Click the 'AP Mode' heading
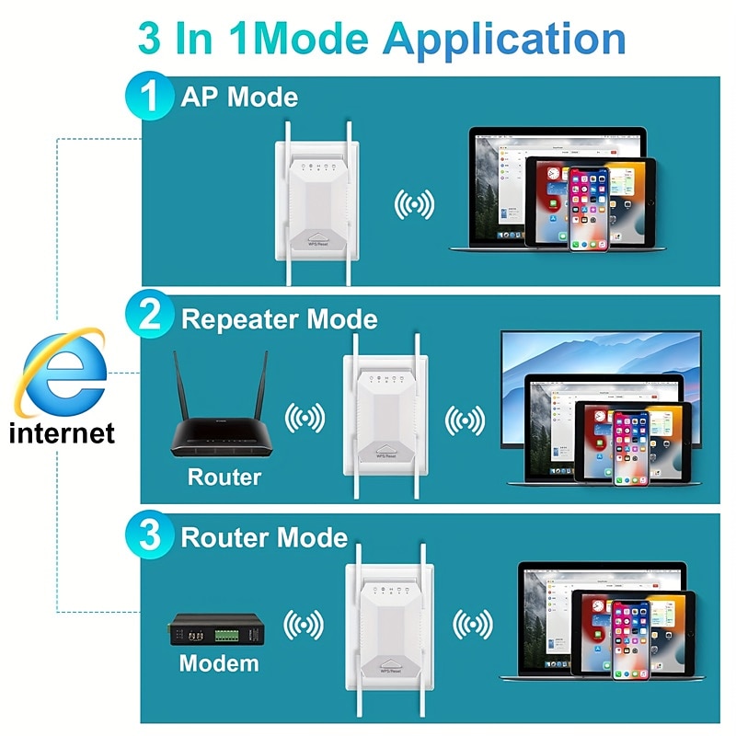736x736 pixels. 239,98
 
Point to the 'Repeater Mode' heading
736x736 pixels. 279,319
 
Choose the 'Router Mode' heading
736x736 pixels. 264,537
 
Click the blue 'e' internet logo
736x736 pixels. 63,376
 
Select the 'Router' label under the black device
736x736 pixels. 224,477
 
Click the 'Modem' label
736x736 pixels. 219,662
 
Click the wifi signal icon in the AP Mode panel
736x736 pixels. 414,204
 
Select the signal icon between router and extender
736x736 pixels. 305,420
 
